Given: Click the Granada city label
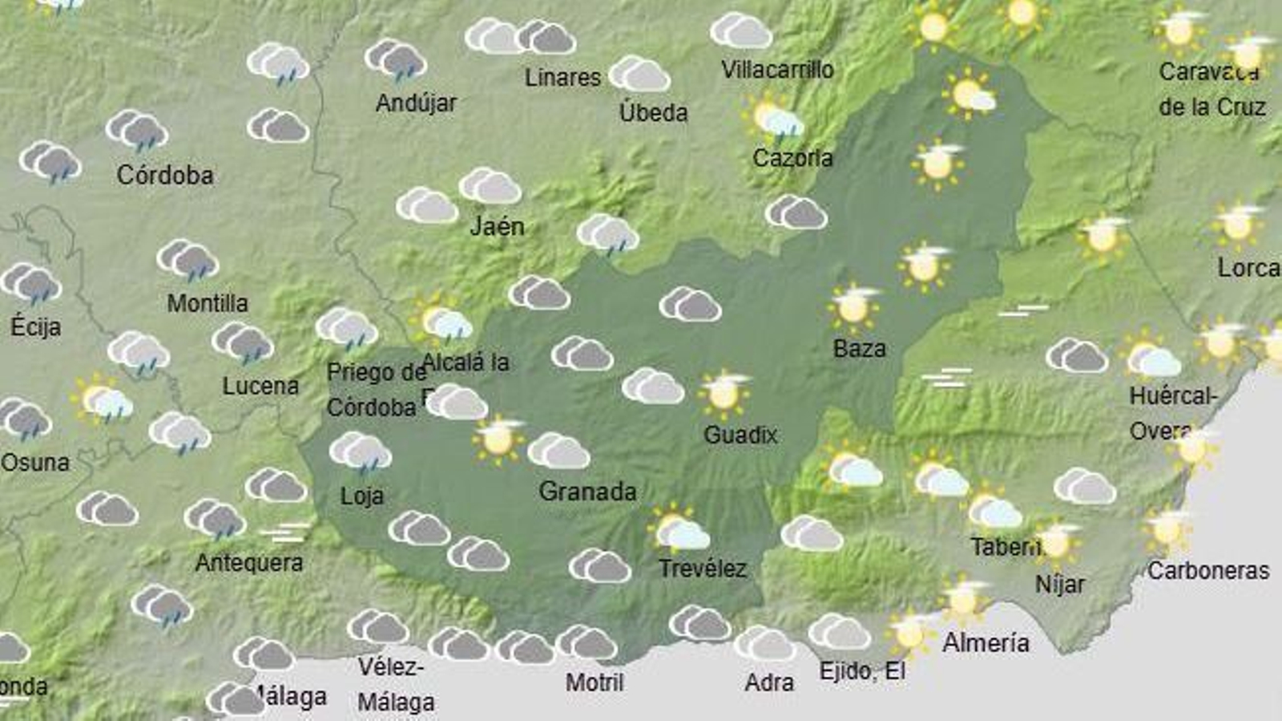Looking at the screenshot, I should [x=587, y=491].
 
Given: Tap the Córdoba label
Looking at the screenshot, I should [x=165, y=175].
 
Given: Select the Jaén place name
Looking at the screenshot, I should [x=497, y=226].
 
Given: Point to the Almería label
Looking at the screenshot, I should [x=986, y=642].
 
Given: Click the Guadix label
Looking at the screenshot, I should [x=740, y=435].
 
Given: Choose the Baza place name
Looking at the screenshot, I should [x=859, y=349].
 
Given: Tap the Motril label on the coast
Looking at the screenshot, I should [x=595, y=683].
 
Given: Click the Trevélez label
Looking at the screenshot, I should [x=702, y=569].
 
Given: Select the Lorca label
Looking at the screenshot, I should [x=1248, y=268].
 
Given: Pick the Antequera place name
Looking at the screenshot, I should [x=249, y=562].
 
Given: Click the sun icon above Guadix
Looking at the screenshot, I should [x=724, y=393].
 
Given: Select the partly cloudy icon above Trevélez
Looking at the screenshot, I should [x=679, y=529].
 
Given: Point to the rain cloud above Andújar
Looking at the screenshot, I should [x=396, y=60].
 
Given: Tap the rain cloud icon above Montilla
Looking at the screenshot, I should [x=188, y=261].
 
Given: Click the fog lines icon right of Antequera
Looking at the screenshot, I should [x=285, y=533].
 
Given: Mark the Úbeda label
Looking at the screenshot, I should [x=653, y=112].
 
